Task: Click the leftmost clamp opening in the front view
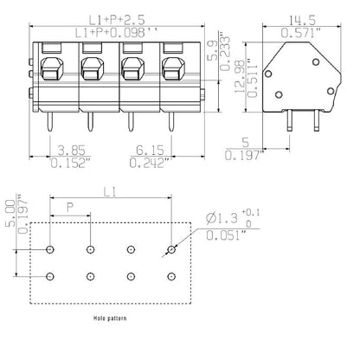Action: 50,70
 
